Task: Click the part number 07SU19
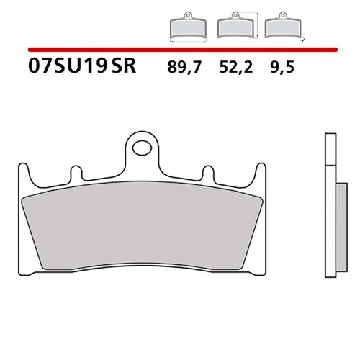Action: (x=67, y=66)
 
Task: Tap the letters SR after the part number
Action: (x=124, y=66)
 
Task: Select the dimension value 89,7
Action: (x=184, y=67)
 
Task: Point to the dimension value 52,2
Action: (x=236, y=67)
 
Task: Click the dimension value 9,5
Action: (x=282, y=67)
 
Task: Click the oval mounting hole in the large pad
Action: (x=143, y=148)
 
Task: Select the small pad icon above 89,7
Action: (x=188, y=25)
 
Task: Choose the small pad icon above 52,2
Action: (x=235, y=25)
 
